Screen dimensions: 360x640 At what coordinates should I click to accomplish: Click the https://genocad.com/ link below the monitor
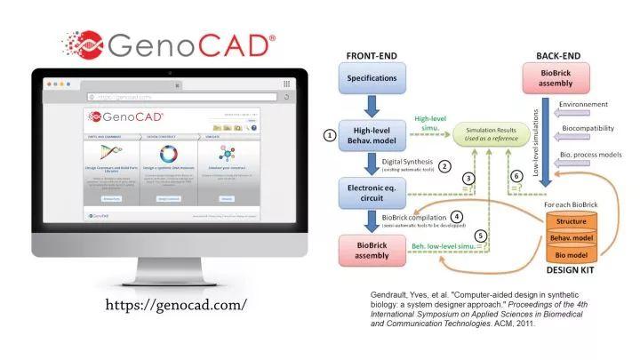pos(175,305)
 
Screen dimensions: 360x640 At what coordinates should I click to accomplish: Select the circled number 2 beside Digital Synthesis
pos(444,165)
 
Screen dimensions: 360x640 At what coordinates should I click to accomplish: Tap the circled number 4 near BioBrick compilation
pos(456,216)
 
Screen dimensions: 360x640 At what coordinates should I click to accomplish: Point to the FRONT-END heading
pos(372,56)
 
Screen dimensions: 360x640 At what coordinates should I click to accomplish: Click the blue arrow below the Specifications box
pos(372,108)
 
